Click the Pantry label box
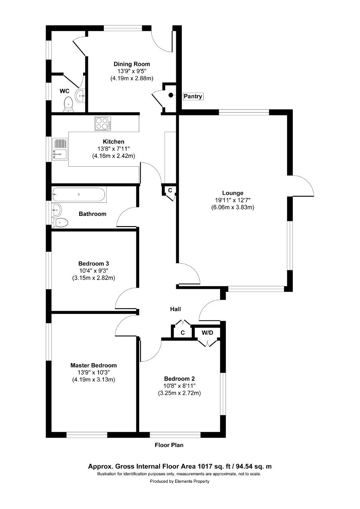tap(193, 96)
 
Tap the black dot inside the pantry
tap(171, 95)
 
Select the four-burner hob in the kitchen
tap(103, 123)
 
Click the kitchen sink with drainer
tap(60, 149)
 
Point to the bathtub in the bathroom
tap(79, 194)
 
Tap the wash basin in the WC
tap(80, 96)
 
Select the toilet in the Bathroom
tap(60, 223)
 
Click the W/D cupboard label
tap(208, 333)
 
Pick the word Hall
tap(175, 309)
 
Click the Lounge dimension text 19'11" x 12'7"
tap(233, 200)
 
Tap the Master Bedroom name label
tap(93, 365)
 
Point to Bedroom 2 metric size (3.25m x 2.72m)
tap(179, 393)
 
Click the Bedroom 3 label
tap(93, 264)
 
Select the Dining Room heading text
tap(132, 64)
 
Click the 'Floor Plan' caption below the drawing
tap(169, 445)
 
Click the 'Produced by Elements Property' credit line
tap(179, 481)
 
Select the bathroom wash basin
tap(56, 210)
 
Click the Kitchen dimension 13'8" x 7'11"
tap(114, 149)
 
